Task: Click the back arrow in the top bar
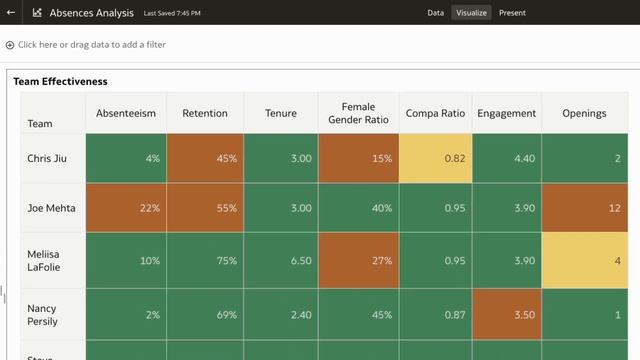pos(12,13)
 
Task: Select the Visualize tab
pos(471,13)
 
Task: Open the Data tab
pos(435,13)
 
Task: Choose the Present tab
pos(512,13)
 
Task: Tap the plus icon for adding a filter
pos(10,45)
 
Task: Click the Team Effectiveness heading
pos(60,81)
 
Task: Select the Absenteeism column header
pos(126,114)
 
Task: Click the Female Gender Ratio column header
pos(358,114)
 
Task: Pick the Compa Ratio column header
pos(435,114)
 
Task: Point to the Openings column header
pos(584,114)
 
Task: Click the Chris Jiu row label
pos(48,158)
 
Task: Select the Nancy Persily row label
pos(42,314)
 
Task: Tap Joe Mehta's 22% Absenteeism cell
pos(126,208)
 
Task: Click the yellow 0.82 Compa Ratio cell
pos(435,158)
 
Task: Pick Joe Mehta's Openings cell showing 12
pos(584,208)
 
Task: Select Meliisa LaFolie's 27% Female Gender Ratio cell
pos(358,261)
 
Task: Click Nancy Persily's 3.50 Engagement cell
pos(506,314)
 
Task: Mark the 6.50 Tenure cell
pos(280,261)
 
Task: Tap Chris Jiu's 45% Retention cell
pos(204,158)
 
